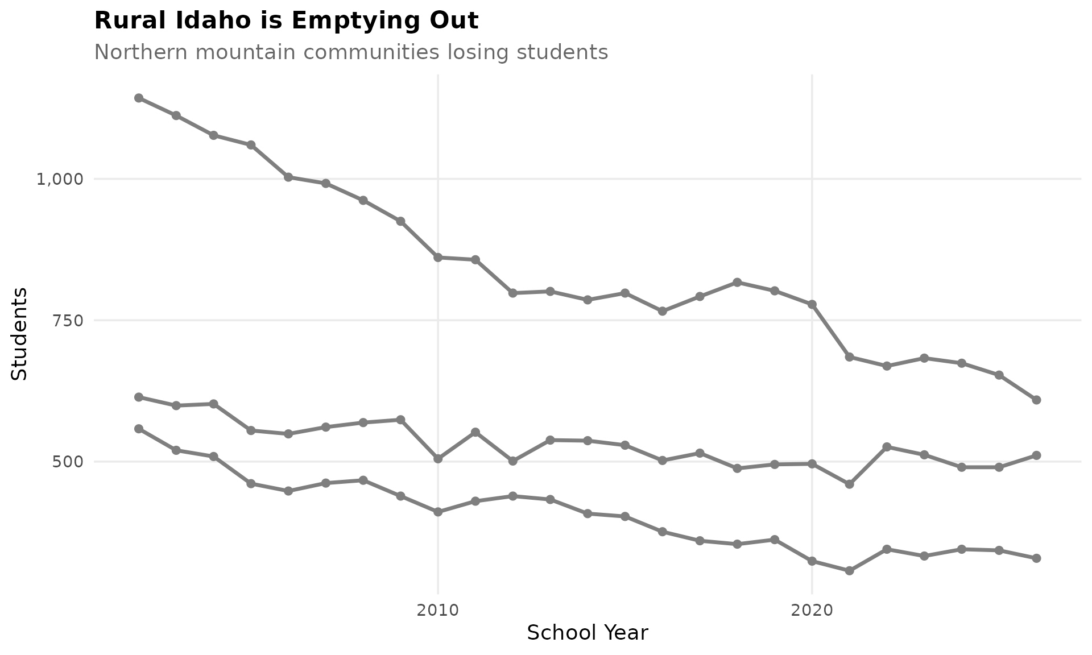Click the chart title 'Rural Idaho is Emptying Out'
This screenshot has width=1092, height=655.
286,21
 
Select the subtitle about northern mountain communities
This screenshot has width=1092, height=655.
351,52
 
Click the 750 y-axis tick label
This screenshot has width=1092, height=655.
68,321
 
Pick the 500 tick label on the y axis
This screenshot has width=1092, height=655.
68,462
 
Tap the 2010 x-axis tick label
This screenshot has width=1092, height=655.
437,611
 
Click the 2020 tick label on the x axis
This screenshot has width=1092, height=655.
812,611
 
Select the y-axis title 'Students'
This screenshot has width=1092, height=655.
20,334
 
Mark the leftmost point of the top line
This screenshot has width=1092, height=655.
138,98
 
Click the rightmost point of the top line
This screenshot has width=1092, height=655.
1036,400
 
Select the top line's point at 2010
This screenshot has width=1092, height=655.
438,258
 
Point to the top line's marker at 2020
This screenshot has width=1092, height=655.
812,305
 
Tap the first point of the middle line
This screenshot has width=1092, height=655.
138,397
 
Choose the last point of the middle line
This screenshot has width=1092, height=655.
1036,455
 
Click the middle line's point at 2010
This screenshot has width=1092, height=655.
438,459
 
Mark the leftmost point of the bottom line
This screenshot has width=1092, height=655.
138,429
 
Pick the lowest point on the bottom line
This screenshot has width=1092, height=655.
849,571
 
